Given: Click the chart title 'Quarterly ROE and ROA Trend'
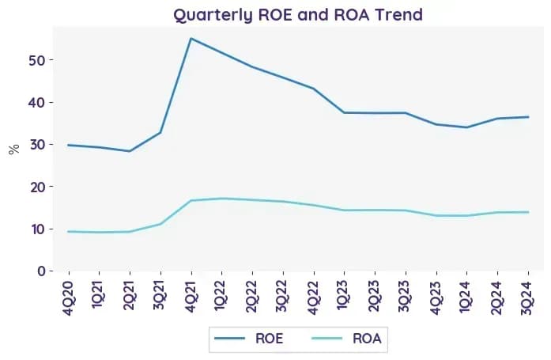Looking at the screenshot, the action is [298, 15].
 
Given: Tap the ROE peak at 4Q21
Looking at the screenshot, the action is [191, 38].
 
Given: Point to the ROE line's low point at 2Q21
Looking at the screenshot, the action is [130, 151].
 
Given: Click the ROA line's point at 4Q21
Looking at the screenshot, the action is [191, 200].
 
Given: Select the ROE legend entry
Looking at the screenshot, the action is [249, 339].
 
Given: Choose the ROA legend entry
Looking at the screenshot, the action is [346, 339].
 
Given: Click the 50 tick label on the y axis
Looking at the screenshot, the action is [37, 60].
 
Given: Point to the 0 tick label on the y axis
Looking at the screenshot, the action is [41, 271].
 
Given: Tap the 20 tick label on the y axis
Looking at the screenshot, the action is [37, 187].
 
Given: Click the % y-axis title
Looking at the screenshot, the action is [14, 150].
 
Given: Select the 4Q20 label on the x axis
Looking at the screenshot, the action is [68, 297].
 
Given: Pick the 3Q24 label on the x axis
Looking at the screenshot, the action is [528, 297].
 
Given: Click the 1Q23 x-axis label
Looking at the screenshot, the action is [344, 296].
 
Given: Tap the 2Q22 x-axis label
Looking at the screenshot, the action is [252, 297].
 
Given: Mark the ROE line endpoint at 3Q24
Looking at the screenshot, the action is [528, 117].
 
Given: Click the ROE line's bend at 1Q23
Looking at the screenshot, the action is [344, 112].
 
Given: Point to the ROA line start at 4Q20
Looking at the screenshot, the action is [68, 231].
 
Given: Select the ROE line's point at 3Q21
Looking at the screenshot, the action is [160, 133].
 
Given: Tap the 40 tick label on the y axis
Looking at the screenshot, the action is [37, 102].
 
